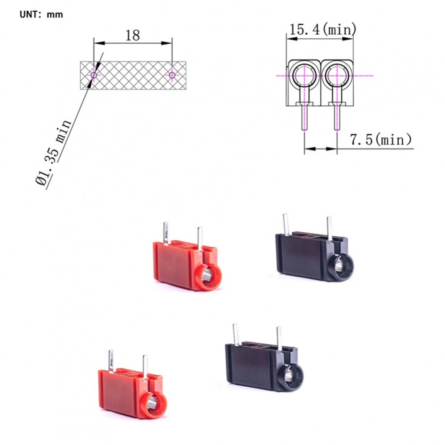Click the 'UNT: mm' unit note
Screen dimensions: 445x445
coord(41,14)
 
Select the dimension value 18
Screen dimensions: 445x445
coord(132,36)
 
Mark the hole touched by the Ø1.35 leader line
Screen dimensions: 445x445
coord(94,76)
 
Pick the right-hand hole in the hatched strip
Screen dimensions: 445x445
coord(172,76)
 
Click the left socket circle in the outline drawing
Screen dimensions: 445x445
coord(304,75)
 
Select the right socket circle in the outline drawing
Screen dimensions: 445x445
coord(336,75)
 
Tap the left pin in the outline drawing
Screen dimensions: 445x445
coord(304,117)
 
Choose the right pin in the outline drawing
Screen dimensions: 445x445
coord(336,117)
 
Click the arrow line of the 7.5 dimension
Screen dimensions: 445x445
coord(320,149)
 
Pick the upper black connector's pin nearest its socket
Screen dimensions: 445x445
coord(329,227)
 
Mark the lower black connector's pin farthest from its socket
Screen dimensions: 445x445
coord(235,334)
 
